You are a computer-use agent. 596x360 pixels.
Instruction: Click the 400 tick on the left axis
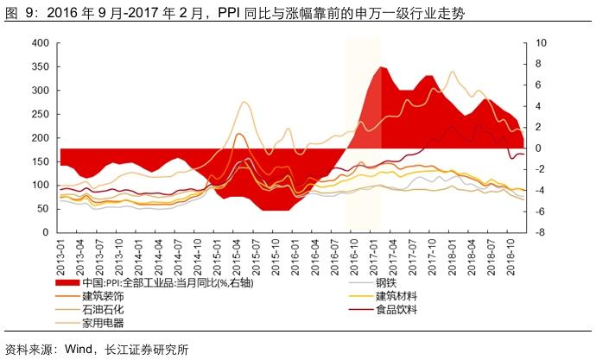pos(40,43)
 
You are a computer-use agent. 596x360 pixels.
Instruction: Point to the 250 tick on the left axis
pos(40,114)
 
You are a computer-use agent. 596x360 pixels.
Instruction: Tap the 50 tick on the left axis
pos(42,209)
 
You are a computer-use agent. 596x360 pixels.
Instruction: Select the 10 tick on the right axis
pos(542,43)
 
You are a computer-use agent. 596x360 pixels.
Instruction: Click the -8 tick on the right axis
pos(541,232)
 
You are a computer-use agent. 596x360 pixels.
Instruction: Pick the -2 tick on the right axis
pos(541,169)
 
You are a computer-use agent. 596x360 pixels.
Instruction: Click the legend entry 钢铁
pos(386,282)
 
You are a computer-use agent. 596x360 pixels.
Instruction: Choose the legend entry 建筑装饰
pos(103,295)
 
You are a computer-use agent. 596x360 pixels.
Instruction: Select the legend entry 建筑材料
pos(396,295)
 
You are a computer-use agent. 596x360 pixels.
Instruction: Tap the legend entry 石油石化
pos(103,309)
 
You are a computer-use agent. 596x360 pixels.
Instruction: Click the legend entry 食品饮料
pos(396,309)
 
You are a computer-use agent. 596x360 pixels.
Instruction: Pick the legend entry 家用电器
pos(103,323)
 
